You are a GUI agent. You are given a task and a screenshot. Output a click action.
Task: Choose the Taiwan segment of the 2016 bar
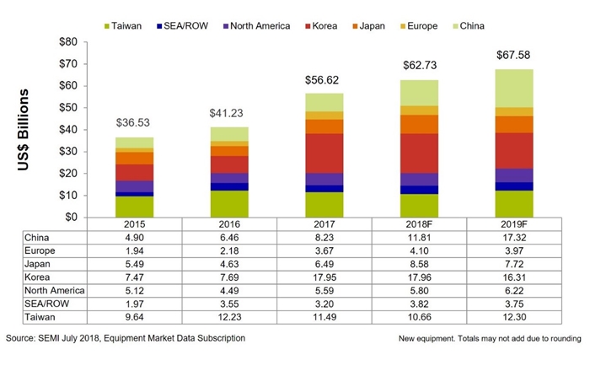[x=228, y=203]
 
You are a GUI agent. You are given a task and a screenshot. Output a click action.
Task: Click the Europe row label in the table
[x=42, y=250]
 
